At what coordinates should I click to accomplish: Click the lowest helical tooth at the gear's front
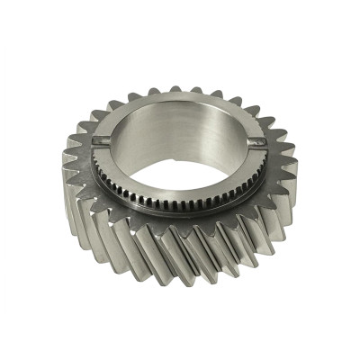184,270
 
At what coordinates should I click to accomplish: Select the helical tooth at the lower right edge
270,234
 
